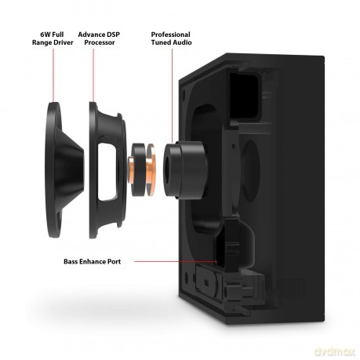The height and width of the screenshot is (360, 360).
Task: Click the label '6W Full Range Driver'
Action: point(53,38)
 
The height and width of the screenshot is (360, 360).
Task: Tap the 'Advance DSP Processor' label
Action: point(99,38)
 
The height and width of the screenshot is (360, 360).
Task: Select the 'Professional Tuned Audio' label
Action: point(171,38)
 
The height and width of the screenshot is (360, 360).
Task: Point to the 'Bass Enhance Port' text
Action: point(93,261)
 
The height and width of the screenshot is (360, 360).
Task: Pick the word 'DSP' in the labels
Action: point(113,35)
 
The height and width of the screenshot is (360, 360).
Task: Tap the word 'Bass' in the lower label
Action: point(71,261)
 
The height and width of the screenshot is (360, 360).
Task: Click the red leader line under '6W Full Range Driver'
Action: point(53,75)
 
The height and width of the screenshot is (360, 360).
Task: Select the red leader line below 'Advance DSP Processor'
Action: point(93,75)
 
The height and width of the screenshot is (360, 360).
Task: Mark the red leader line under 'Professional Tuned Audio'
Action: point(172,96)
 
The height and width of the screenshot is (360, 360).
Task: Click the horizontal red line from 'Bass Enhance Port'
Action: point(176,261)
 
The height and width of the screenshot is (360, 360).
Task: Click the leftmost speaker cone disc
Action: point(65,170)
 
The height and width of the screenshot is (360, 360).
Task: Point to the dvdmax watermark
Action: point(334,351)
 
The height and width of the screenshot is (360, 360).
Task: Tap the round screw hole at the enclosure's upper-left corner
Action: point(184,93)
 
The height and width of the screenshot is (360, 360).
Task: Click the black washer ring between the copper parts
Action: point(139,170)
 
